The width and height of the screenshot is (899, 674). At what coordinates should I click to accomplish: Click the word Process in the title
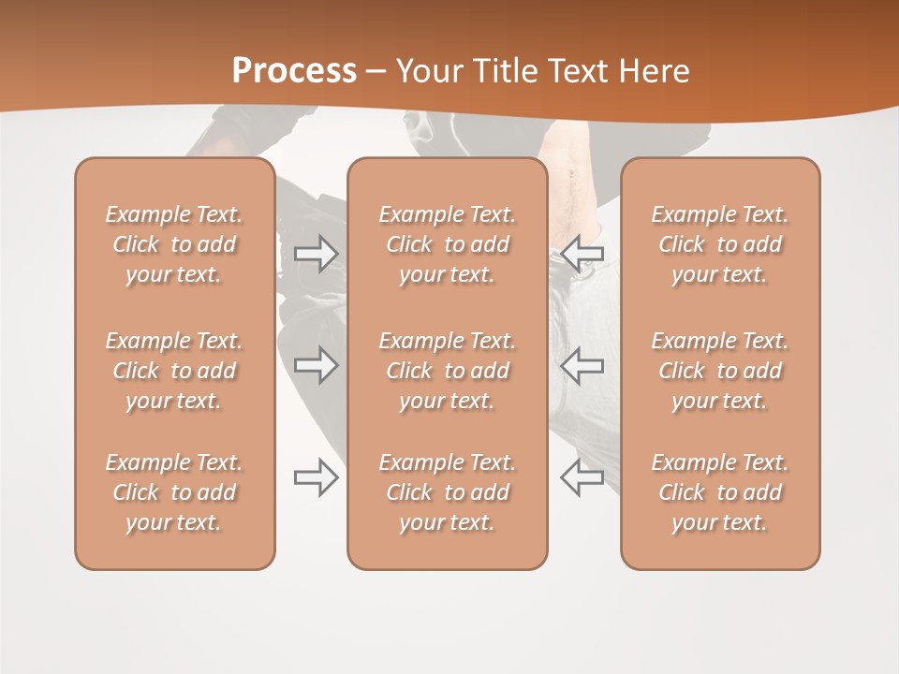[x=294, y=71]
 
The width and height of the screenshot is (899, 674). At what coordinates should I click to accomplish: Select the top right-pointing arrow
[x=317, y=254]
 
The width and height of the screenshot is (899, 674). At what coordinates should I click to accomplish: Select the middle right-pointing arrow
[x=317, y=365]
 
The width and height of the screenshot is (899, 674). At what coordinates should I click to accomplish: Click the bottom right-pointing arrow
[x=317, y=477]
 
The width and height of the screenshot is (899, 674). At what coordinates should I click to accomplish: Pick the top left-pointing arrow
[x=582, y=254]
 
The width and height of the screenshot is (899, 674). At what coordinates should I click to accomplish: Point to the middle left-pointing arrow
[x=582, y=365]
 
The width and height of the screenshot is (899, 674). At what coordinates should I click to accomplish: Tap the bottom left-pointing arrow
[x=582, y=477]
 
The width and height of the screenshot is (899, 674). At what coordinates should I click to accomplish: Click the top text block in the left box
[x=174, y=244]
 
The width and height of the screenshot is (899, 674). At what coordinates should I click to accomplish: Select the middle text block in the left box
[x=174, y=371]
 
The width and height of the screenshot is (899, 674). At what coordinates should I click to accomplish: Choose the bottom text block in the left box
[x=174, y=492]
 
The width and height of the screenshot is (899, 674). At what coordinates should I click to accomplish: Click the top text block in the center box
[x=447, y=244]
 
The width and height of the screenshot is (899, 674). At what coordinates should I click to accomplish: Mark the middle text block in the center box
[x=447, y=371]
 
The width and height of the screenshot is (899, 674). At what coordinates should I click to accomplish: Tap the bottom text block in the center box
[x=447, y=492]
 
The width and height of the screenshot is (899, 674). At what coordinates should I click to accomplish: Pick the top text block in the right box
[x=720, y=244]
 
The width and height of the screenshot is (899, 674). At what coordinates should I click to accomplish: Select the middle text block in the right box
[x=720, y=371]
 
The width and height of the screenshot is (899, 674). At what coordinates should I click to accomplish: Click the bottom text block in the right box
[x=720, y=492]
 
